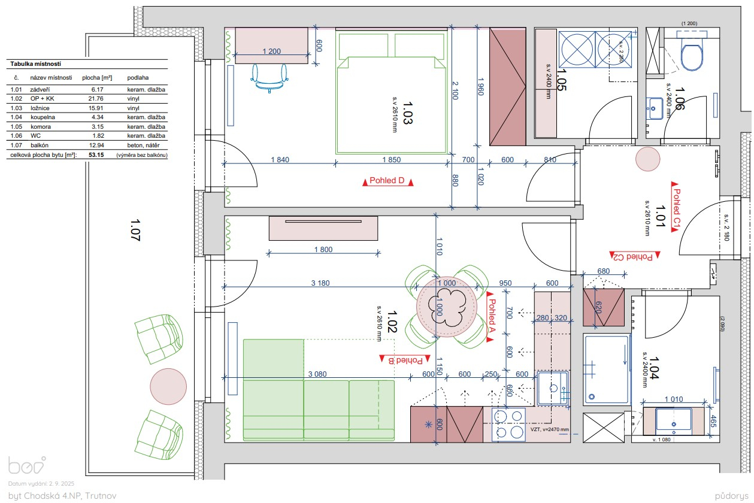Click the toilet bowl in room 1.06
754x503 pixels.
tap(692, 53)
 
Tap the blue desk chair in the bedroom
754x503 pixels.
tap(269, 78)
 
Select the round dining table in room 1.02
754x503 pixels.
tap(447, 307)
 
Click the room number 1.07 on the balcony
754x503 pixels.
tap(135, 230)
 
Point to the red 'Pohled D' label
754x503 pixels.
tap(387, 181)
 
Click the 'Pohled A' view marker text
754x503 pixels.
tap(492, 316)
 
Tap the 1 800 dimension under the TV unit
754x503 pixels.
tap(323, 250)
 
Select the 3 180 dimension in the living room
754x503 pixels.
tap(320, 283)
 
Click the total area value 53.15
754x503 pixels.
tap(96, 154)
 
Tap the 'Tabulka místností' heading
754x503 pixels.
tap(35, 64)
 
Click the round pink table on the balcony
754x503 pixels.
tap(168, 386)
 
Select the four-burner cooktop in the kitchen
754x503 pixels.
tap(508, 425)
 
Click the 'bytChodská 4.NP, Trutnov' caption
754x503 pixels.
tap(62, 496)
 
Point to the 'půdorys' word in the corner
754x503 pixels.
tap(730, 496)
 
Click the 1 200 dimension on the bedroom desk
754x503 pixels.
tap(271, 51)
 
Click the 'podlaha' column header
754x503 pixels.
tap(138, 78)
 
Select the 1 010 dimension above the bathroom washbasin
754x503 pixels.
tap(674, 399)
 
